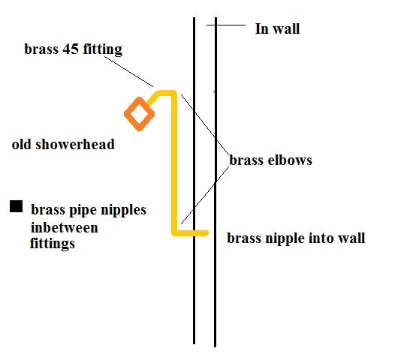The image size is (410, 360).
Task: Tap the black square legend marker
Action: pyautogui.click(x=17, y=206)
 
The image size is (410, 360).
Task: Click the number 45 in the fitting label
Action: pyautogui.click(x=71, y=49)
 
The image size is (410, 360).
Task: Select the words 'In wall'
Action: pyautogui.click(x=277, y=28)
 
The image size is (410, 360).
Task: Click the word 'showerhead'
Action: pyautogui.click(x=75, y=144)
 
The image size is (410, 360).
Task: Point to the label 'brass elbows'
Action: pyautogui.click(x=271, y=160)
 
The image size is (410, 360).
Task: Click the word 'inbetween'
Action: pyautogui.click(x=65, y=227)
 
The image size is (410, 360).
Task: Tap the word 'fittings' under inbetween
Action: pyautogui.click(x=53, y=243)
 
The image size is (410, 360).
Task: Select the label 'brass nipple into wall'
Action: pyautogui.click(x=296, y=238)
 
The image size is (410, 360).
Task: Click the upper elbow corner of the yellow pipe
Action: pyautogui.click(x=174, y=93)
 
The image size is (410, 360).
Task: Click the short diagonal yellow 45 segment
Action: pyautogui.click(x=153, y=98)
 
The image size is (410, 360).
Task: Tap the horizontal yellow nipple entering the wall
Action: pyautogui.click(x=192, y=233)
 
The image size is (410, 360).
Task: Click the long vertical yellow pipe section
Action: pyautogui.click(x=175, y=162)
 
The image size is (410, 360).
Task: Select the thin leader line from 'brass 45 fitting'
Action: pyautogui.click(x=128, y=71)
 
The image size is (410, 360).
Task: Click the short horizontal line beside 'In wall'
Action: pyautogui.click(x=226, y=25)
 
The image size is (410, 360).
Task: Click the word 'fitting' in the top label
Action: pyautogui.click(x=102, y=49)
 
